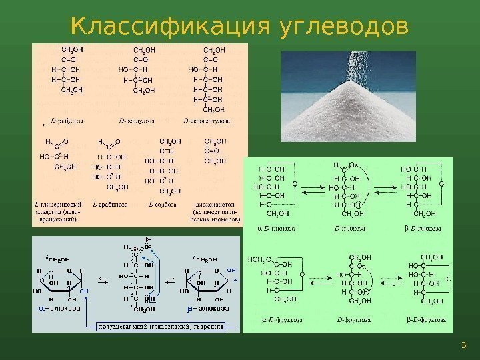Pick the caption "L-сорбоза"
coord(159,203)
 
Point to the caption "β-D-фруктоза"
coord(425,319)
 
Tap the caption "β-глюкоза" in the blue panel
coord(207,309)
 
